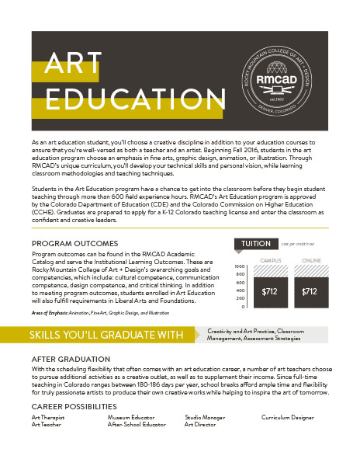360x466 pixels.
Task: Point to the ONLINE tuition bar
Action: [x=309, y=291]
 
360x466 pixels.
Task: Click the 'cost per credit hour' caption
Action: [x=298, y=243]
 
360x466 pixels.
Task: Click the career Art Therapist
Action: [x=49, y=417]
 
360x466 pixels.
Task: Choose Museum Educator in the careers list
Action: [x=131, y=417]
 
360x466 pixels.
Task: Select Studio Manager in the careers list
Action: [x=205, y=417]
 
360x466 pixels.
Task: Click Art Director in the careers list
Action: [x=200, y=425]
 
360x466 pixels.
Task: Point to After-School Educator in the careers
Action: [x=137, y=425]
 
